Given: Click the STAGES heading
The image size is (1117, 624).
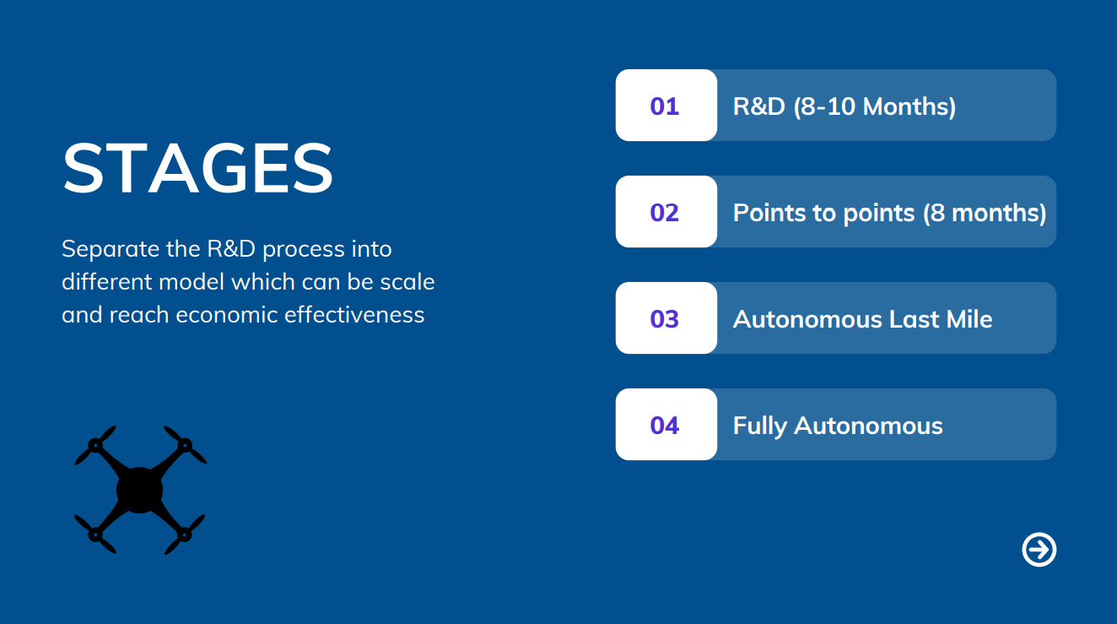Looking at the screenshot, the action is pyautogui.click(x=197, y=168).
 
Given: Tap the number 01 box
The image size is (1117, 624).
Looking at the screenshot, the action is pyautogui.click(x=666, y=106).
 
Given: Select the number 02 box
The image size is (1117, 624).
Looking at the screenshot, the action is pyautogui.click(x=666, y=212).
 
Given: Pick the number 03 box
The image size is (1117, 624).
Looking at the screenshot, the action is pyautogui.click(x=666, y=318).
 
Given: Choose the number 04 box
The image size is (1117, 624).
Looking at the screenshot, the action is pyautogui.click(x=666, y=425).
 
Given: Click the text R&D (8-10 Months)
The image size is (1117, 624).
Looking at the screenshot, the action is pyautogui.click(x=844, y=106).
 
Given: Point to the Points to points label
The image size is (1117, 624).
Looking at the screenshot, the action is pyautogui.click(x=823, y=213).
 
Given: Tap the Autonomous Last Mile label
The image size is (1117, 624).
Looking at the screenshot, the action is pyautogui.click(x=863, y=319).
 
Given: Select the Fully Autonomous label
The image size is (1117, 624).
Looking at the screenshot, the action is pyautogui.click(x=838, y=426).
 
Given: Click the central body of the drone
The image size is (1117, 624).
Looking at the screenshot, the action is pyautogui.click(x=140, y=491).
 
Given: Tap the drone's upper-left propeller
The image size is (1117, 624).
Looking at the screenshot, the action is pyautogui.click(x=95, y=445).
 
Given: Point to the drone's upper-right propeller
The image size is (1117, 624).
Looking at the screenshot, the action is pyautogui.click(x=185, y=444).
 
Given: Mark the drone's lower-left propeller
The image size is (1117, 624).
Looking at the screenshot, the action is pyautogui.click(x=94, y=534).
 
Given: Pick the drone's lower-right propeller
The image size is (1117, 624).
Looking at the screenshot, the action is pyautogui.click(x=185, y=534).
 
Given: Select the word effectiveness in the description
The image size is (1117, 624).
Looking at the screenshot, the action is pyautogui.click(x=354, y=315).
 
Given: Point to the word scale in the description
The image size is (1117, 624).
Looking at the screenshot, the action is pyautogui.click(x=407, y=282).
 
